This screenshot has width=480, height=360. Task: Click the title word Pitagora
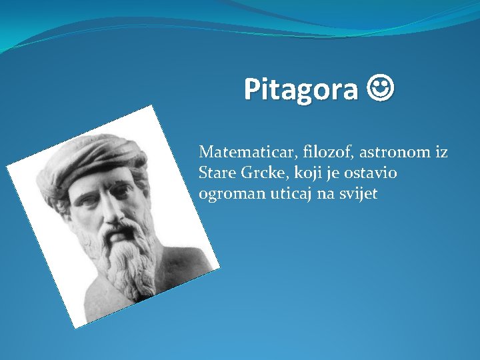301,89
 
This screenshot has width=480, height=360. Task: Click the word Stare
214,173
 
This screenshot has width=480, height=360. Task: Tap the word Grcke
257,173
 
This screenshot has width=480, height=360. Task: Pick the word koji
299,174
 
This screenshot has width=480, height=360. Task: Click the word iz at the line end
441,153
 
